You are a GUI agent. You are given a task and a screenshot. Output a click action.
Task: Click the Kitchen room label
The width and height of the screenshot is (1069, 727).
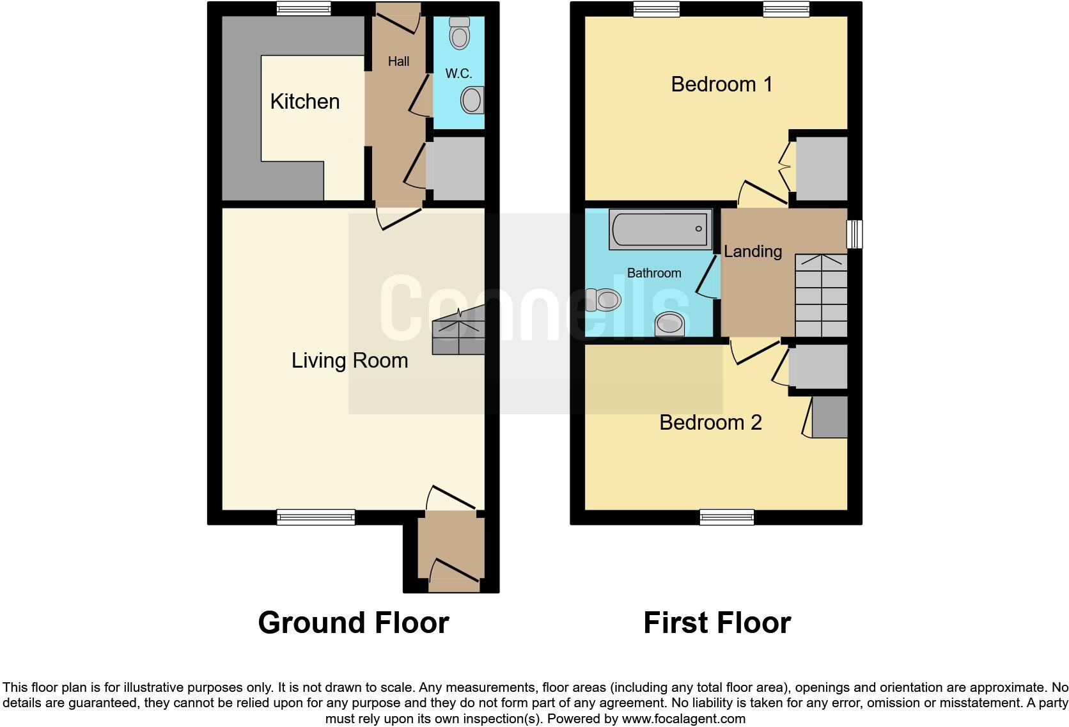point(304,102)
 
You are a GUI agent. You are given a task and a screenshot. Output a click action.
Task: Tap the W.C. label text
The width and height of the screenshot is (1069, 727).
point(458,74)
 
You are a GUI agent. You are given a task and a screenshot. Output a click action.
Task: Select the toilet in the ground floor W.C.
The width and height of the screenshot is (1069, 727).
point(459,33)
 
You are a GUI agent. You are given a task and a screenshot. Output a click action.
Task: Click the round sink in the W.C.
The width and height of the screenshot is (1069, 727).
point(472,100)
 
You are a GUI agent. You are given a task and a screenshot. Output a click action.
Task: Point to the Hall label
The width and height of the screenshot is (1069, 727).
point(398,61)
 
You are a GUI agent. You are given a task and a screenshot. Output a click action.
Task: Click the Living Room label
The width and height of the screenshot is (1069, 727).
point(350,361)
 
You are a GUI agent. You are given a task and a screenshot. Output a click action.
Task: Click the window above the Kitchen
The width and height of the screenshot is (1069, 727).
point(304,8)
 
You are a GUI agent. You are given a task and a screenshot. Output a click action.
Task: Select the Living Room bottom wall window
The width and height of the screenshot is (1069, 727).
point(316,517)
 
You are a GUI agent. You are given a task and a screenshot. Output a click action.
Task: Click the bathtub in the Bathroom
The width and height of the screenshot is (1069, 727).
point(660,229)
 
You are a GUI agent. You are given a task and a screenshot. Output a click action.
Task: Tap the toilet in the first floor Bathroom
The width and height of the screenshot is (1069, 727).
point(604,299)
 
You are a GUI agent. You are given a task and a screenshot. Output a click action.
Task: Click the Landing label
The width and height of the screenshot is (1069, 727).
point(753,251)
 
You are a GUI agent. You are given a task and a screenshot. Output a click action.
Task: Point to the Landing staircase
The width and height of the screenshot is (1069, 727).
point(821,295)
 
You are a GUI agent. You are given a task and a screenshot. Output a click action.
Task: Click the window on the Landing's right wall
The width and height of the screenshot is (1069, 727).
point(855,234)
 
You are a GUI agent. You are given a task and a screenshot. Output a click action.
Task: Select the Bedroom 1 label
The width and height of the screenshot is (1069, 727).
point(722,84)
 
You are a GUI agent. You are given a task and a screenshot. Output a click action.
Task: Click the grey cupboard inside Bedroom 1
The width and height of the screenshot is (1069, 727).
point(821,168)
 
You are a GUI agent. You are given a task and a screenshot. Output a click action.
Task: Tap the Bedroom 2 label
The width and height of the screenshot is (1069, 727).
point(710,423)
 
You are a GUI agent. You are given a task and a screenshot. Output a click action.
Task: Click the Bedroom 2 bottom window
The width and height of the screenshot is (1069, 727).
point(727,517)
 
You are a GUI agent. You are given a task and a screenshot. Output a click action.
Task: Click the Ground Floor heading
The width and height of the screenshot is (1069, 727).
point(354,623)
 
